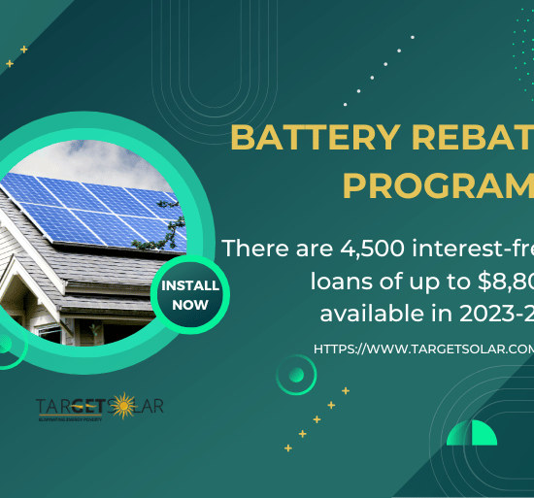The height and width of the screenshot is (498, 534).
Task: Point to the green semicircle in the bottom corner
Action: (x=471, y=433)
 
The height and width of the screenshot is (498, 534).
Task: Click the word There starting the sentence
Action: (x=253, y=249)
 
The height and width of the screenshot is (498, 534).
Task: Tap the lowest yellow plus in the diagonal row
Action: (x=287, y=448)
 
